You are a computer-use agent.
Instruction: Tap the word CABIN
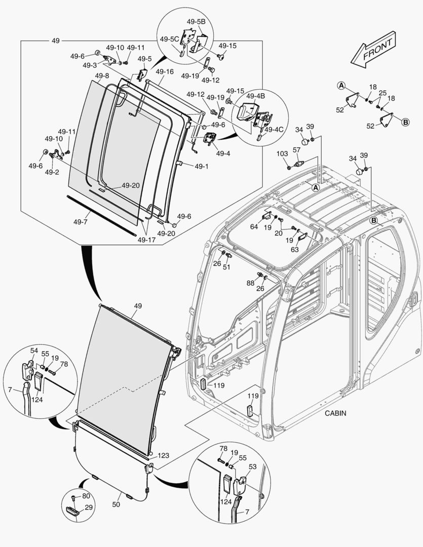coord(336,413)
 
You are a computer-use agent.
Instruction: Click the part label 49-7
coord(81,222)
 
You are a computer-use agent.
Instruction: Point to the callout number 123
coord(164,455)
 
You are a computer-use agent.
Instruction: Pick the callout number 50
coord(116,505)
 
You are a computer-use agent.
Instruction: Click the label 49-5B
coord(196,22)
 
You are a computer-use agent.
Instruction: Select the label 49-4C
coord(274,129)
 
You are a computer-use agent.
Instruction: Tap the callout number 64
coord(254,227)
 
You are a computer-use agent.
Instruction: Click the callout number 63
coord(294,249)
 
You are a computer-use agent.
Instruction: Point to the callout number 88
coord(250,283)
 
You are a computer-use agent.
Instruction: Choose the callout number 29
coord(89,507)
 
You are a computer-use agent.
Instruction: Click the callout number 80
coord(86,496)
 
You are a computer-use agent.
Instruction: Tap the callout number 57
coord(297,150)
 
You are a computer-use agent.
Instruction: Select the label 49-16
coord(165,71)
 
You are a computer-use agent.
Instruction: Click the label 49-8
coord(102,76)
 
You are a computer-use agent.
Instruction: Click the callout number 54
coord(34,350)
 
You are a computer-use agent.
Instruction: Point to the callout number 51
coord(227,267)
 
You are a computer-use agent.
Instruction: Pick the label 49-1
coord(201,166)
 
